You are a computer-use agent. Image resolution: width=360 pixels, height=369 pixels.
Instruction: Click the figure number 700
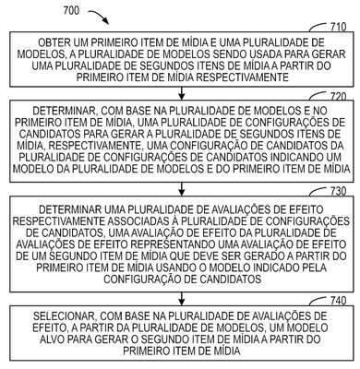pos(71,11)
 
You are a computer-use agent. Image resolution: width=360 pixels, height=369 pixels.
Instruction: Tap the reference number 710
pos(338,27)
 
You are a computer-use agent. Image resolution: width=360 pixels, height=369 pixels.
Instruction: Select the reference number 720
pos(338,97)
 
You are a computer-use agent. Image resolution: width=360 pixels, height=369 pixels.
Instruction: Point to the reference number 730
pos(338,191)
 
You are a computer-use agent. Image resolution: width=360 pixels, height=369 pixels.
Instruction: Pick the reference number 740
pos(338,301)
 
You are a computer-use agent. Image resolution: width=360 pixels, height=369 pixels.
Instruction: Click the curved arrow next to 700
pos(99,16)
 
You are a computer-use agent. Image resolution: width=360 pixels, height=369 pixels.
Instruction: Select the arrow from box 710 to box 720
pos(182,93)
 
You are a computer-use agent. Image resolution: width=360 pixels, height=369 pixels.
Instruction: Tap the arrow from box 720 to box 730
pos(182,189)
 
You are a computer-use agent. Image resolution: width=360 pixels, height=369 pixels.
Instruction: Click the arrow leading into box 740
pos(182,298)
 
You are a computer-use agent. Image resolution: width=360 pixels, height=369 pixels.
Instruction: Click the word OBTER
pos(54,42)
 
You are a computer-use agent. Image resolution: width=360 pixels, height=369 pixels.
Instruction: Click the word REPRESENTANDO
pos(172,244)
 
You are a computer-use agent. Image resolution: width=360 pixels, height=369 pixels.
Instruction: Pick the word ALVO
pos(52,339)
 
